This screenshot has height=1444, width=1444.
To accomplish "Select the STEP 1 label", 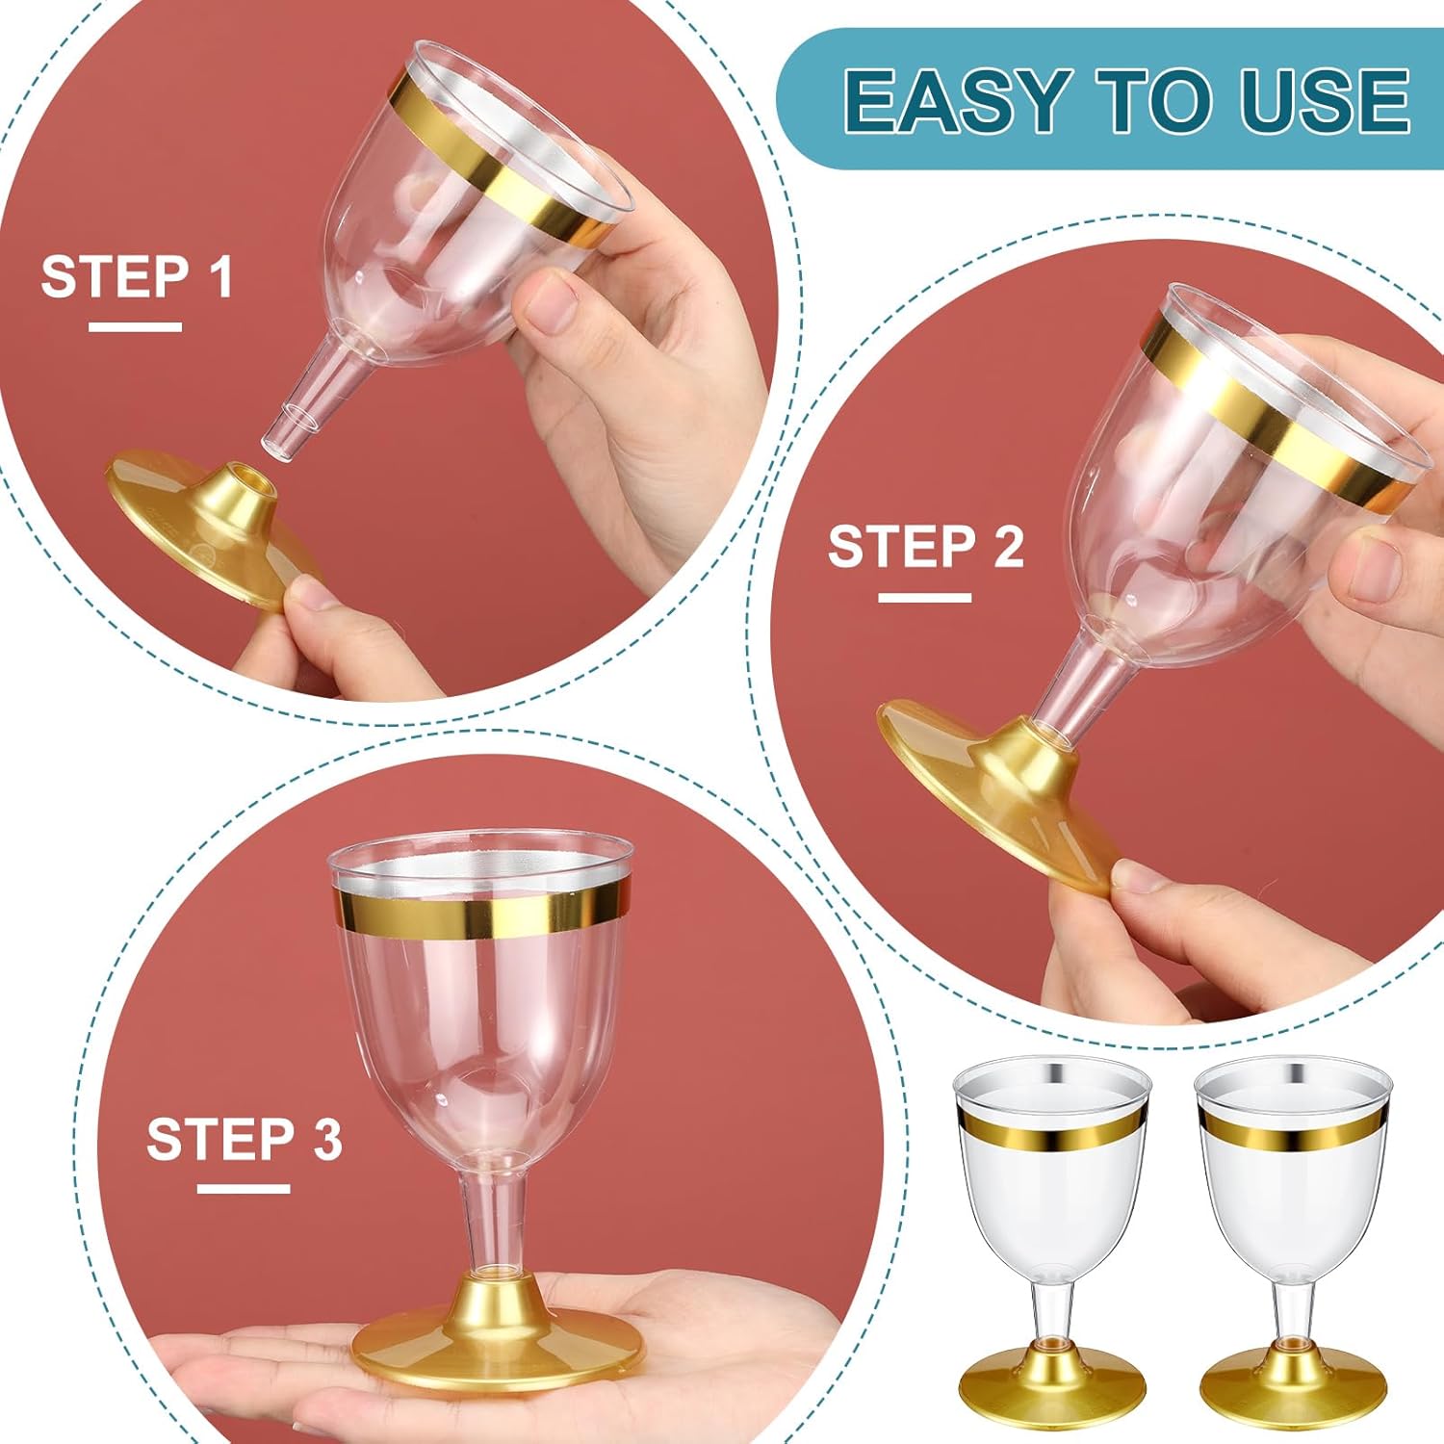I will tap(137, 277).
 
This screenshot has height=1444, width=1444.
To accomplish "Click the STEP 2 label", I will tap(925, 547).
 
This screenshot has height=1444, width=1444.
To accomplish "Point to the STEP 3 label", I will tap(244, 1140).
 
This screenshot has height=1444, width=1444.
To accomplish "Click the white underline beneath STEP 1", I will tap(135, 327).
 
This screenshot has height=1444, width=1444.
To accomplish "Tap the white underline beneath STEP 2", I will tap(924, 598).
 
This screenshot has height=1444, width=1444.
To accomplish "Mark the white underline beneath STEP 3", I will tap(244, 1189).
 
